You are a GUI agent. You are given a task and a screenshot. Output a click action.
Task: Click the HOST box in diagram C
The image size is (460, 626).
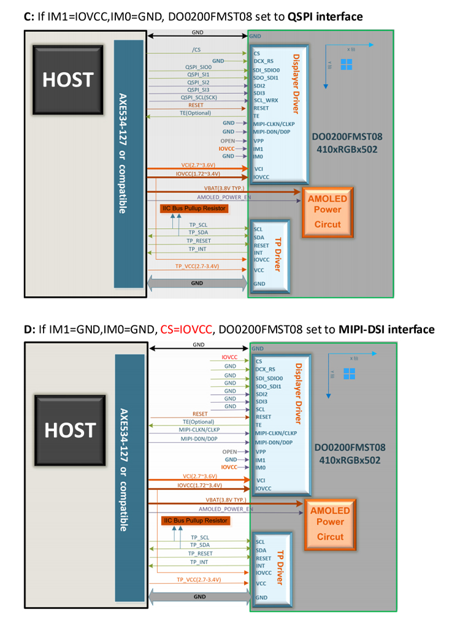(67, 80)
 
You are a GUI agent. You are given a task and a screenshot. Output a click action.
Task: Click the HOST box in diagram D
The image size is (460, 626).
(69, 430)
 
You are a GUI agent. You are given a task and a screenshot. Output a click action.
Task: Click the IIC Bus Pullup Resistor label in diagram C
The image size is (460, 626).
(194, 208)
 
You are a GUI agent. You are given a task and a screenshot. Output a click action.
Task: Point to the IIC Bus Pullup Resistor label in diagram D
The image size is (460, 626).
(195, 521)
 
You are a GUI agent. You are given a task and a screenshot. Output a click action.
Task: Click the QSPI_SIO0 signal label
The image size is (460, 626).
(198, 67)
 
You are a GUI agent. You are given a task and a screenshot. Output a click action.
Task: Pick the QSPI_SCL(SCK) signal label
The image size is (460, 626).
(199, 97)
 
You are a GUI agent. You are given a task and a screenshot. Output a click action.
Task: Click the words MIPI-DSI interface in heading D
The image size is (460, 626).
(386, 329)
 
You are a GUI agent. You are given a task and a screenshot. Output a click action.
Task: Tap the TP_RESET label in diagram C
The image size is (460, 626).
(199, 241)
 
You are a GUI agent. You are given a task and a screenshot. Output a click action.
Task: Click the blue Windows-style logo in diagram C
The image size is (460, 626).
(347, 64)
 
